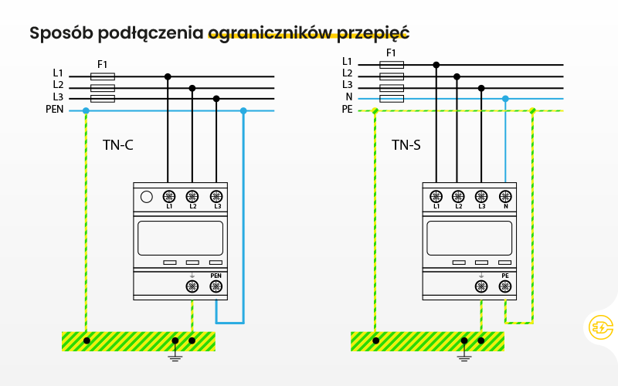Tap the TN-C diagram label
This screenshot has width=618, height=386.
tap(119, 144)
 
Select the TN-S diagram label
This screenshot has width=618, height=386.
tap(406, 144)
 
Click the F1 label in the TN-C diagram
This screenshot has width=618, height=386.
tap(103, 63)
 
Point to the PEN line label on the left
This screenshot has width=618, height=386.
tap(55, 110)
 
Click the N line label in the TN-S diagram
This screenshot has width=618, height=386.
tap(348, 96)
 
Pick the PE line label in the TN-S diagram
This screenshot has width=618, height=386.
tap(347, 110)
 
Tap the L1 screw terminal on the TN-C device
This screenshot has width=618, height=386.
tap(168, 197)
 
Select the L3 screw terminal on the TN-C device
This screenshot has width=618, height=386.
tap(216, 197)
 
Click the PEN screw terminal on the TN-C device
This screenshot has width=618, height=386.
tap(216, 286)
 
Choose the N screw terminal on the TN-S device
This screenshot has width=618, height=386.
tap(505, 197)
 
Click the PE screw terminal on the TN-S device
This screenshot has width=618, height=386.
tap(504, 286)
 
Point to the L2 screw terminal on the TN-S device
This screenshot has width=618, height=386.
tap(458, 197)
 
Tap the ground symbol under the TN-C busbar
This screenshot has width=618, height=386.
tap(175, 355)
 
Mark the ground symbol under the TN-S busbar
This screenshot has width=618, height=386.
tap(464, 355)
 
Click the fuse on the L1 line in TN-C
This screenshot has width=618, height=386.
tap(103, 76)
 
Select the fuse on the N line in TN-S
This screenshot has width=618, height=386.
tap(392, 99)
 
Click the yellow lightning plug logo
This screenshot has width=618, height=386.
tap(599, 327)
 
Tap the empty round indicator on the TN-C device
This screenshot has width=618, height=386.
tap(146, 197)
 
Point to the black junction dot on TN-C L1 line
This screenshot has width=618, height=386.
tap(168, 76)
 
